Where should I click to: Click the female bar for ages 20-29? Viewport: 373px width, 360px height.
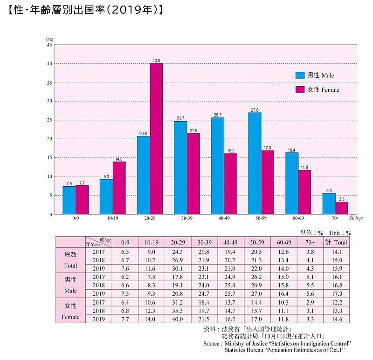pos(156,139)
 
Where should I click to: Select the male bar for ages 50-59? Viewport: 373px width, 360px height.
pos(255,163)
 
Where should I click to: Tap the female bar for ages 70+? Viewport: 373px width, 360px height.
pos(341,208)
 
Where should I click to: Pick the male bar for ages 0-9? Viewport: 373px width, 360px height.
pos(69,200)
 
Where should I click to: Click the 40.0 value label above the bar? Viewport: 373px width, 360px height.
pos(156,61)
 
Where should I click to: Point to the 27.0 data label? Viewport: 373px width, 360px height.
pos(255,109)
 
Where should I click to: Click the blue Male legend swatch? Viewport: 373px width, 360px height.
pos(300,75)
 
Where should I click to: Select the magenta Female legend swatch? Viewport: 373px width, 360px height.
pos(300,89)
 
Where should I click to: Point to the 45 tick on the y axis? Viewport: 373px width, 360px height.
pos(49,45)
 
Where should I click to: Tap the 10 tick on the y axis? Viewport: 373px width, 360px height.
pos(49,177)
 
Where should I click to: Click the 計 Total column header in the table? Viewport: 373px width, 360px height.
pos(336,242)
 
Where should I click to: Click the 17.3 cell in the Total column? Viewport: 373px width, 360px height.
pos(336,293)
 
